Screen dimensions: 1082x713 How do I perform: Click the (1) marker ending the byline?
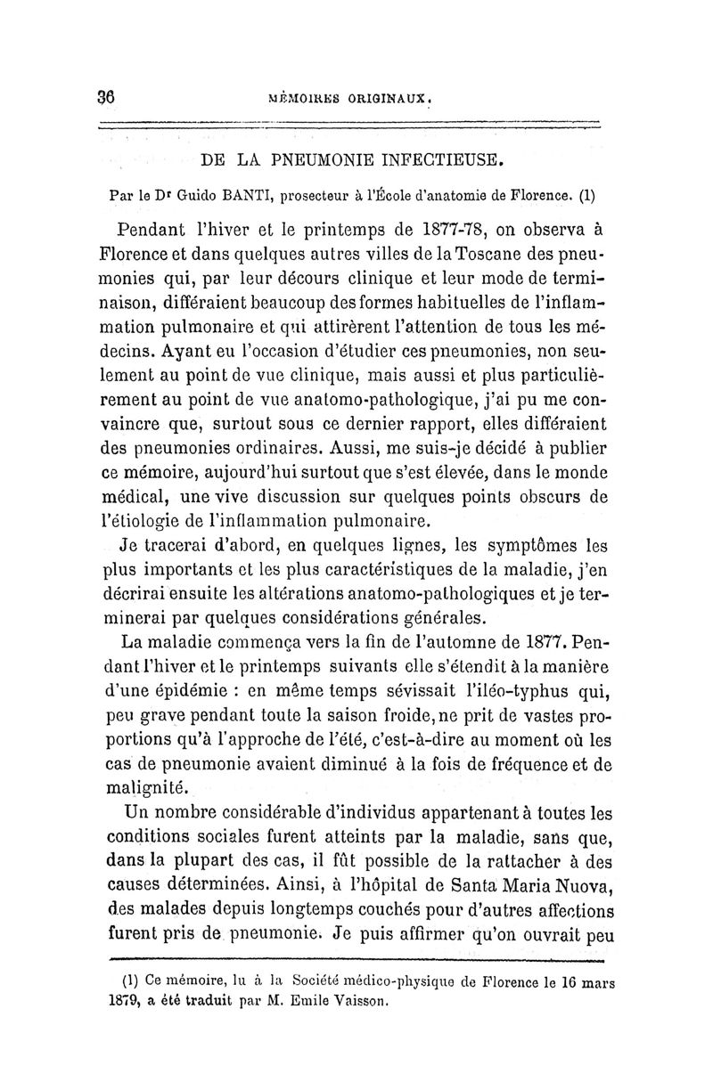point(587,193)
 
